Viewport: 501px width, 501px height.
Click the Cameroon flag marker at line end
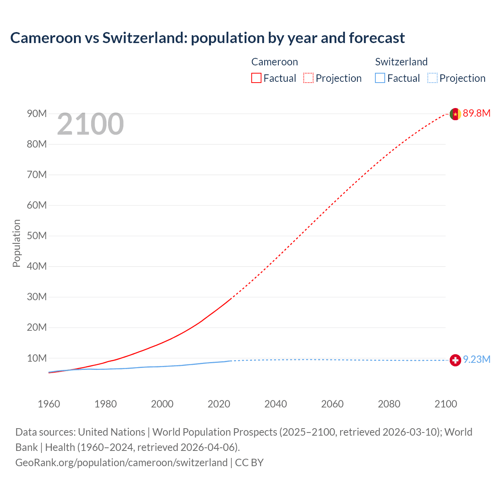point(455,114)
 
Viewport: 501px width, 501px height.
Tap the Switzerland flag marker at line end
point(455,360)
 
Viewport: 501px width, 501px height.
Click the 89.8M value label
point(476,114)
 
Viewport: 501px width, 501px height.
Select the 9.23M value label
point(476,360)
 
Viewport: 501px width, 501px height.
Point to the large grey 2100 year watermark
point(90,124)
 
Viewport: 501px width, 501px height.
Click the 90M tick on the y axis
point(37,114)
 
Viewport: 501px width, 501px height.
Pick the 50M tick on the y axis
point(37,236)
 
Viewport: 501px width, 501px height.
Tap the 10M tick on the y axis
point(37,359)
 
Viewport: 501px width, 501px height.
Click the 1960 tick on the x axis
point(49,404)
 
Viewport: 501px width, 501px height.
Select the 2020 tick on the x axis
point(219,404)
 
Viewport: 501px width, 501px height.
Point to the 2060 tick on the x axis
point(332,404)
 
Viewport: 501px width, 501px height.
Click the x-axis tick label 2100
point(445,404)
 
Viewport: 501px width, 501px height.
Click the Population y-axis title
point(16,243)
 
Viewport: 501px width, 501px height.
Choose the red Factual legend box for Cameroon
point(256,78)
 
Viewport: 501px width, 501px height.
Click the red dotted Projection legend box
point(308,78)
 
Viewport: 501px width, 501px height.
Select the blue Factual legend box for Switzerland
point(380,78)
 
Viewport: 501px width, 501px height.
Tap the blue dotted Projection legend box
point(433,78)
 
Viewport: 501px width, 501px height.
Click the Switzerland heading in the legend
point(401,62)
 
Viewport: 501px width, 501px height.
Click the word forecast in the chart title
point(377,38)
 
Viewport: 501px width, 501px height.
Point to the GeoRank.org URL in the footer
point(121,463)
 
